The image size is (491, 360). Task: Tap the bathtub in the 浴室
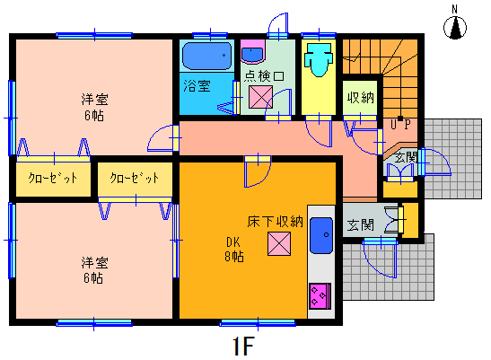click(207, 56)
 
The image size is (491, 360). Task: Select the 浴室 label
click(197, 86)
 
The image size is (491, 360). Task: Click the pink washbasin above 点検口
click(252, 52)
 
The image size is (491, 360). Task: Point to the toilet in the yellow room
click(319, 59)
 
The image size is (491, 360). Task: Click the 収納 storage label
click(361, 98)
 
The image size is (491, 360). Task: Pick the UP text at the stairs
click(400, 125)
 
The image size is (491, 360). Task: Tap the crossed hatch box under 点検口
click(260, 97)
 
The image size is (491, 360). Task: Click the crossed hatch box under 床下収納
click(279, 243)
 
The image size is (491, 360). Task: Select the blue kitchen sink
click(321, 235)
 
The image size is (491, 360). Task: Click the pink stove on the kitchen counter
click(320, 295)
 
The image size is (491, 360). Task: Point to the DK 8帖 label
click(234, 250)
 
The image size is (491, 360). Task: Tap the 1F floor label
click(243, 347)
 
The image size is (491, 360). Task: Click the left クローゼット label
click(53, 178)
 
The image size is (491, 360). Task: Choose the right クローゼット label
click(135, 178)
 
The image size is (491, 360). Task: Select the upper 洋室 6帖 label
click(94, 107)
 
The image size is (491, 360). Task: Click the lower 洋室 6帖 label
click(94, 270)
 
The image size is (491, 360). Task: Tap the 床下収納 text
click(276, 222)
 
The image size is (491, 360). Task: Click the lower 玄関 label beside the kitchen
click(361, 224)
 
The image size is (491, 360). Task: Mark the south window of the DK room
click(258, 323)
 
